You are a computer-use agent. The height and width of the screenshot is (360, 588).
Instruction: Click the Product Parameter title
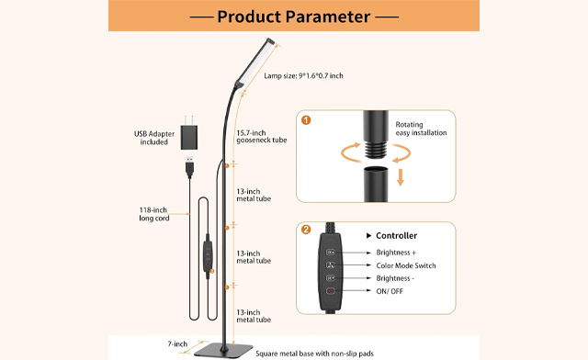pyautogui.click(x=294, y=17)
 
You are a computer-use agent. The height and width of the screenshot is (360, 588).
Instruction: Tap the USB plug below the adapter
pyautogui.click(x=187, y=167)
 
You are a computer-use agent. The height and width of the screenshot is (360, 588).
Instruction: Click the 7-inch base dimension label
pyautogui.click(x=179, y=343)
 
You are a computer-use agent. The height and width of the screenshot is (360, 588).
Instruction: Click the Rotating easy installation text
pyautogui.click(x=421, y=129)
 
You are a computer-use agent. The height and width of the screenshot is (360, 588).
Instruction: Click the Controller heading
pyautogui.click(x=396, y=235)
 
